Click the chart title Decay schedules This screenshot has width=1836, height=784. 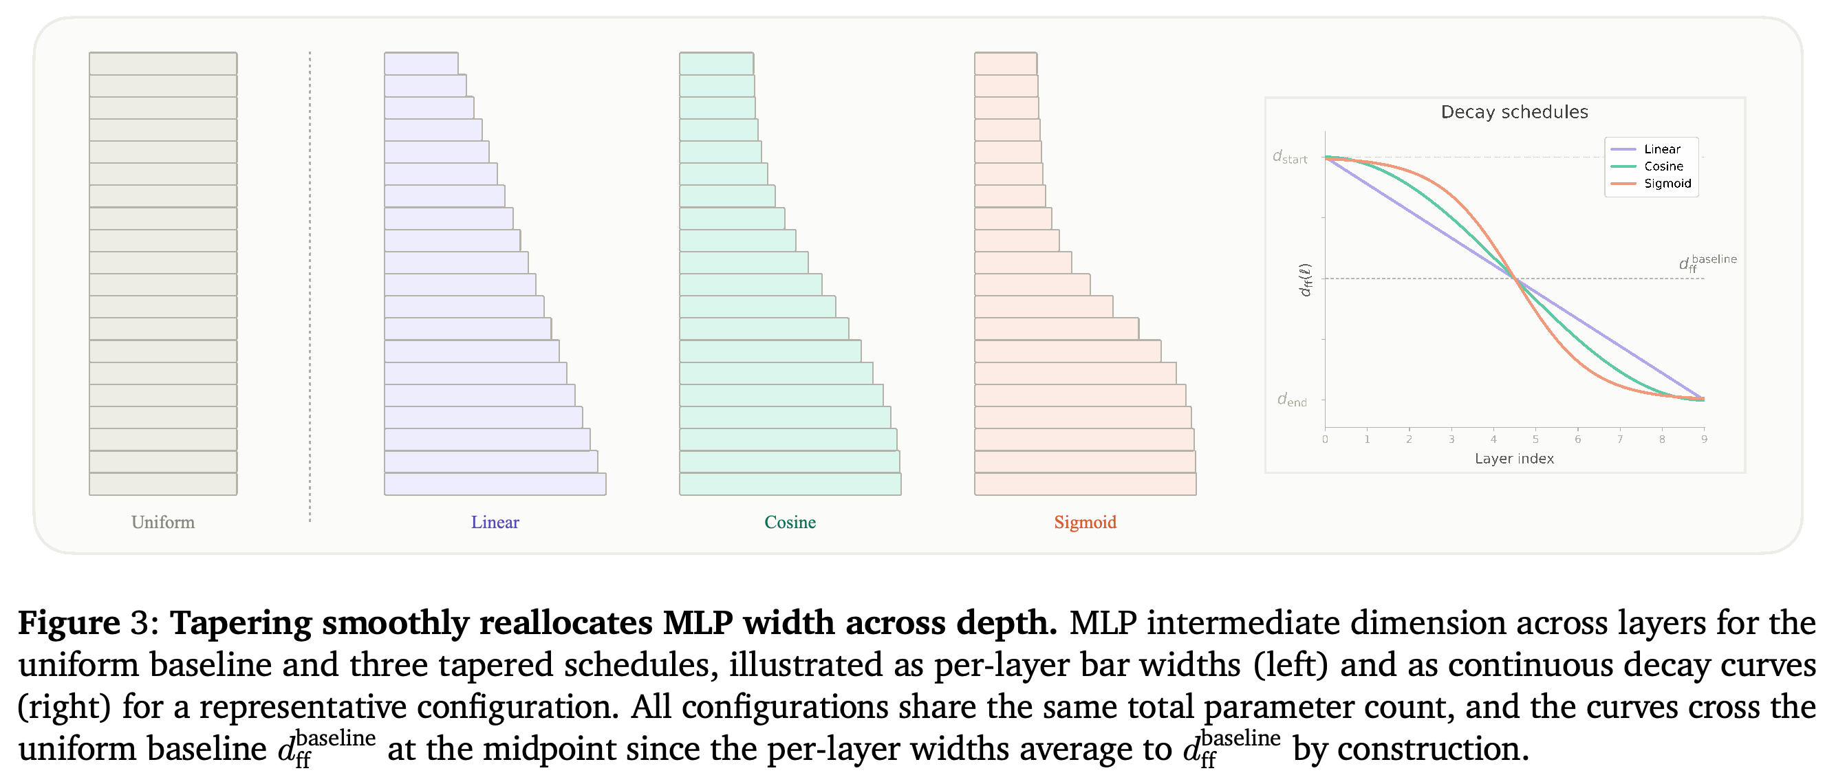(1514, 112)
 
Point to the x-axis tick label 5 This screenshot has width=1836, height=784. (1535, 439)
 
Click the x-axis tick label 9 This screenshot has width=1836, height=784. (1703, 439)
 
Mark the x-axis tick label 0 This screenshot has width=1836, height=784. (1325, 439)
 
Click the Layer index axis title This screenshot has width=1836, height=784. (1514, 458)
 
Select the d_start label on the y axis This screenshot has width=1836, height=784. (1290, 157)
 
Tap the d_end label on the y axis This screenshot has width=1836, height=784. (1292, 400)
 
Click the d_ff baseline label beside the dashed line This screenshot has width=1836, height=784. (1707, 262)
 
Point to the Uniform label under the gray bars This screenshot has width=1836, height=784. (162, 523)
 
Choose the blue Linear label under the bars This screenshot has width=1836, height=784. (495, 523)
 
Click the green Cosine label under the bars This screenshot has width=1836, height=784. (790, 523)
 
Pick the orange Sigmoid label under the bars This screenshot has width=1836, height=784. (1085, 523)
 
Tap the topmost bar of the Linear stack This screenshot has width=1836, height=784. (421, 63)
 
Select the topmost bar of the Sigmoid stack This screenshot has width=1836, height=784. (1006, 63)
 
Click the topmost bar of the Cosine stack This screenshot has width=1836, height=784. (716, 63)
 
